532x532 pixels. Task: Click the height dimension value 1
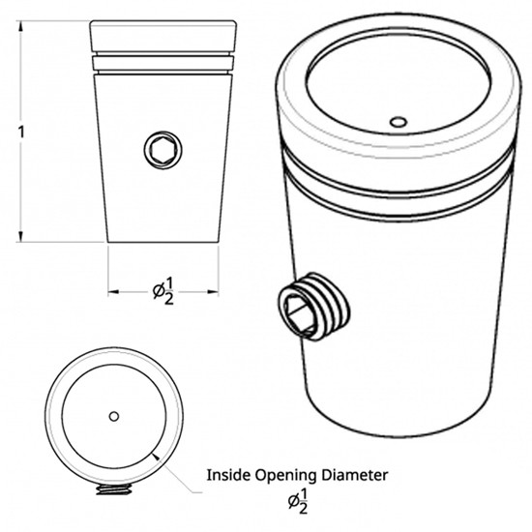[x=21, y=132]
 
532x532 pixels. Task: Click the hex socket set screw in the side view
[x=163, y=150]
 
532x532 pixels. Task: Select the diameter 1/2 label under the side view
[x=163, y=291]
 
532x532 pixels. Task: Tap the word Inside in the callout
[x=228, y=475]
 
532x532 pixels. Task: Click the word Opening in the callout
[x=285, y=476]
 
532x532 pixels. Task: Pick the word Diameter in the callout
[x=354, y=475]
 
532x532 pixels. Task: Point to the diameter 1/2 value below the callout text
[x=298, y=501]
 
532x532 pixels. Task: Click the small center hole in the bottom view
[x=114, y=416]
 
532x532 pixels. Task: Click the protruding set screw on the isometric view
[x=313, y=306]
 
